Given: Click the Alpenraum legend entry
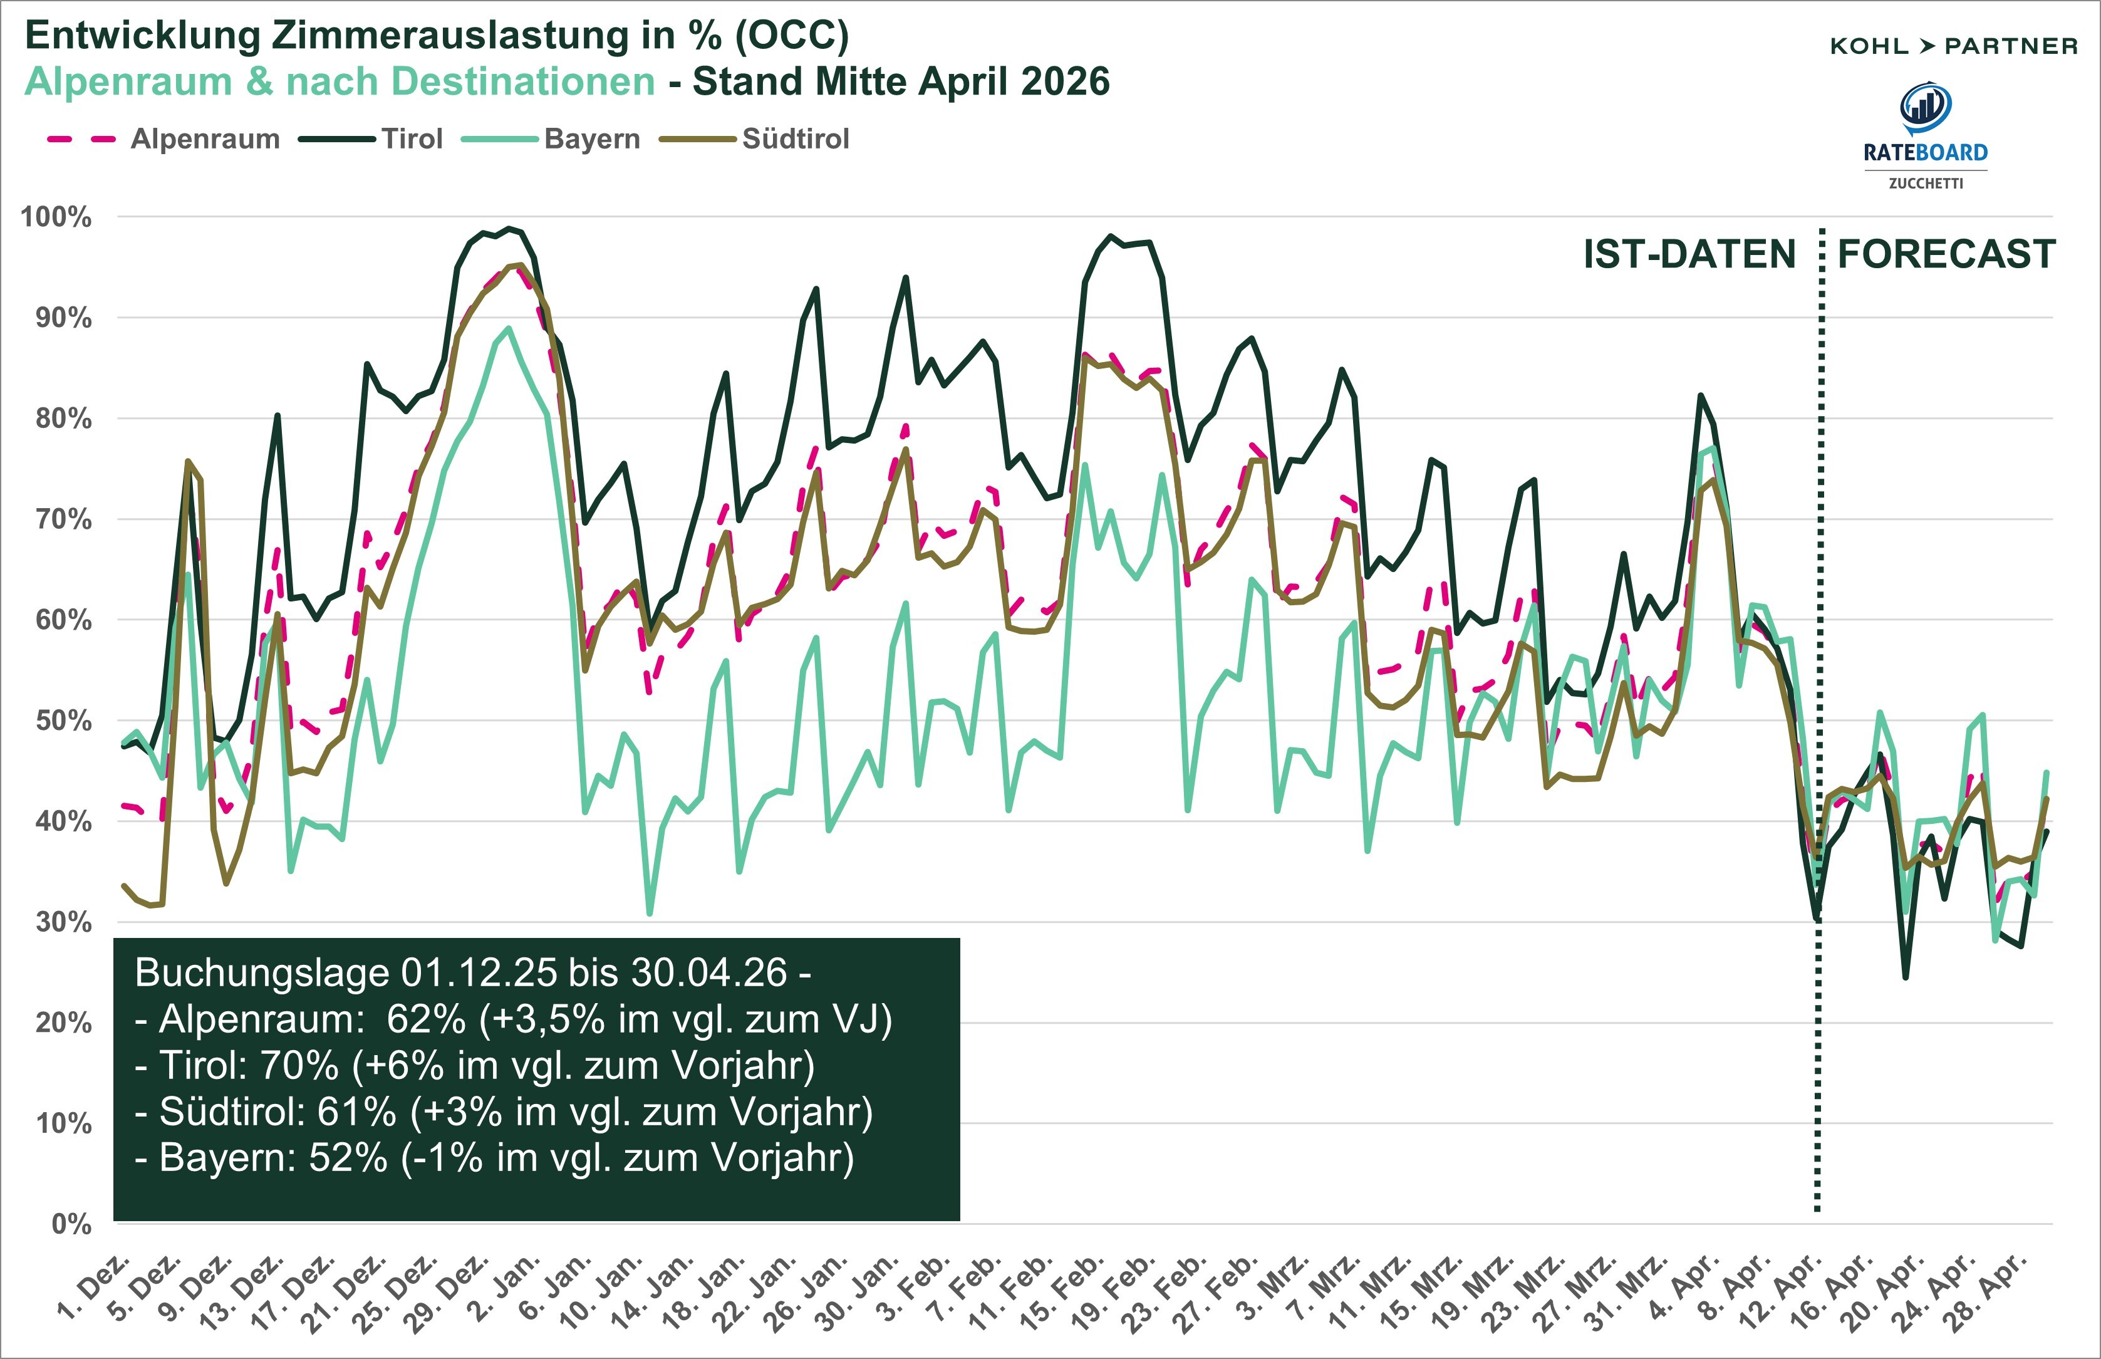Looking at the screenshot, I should [205, 138].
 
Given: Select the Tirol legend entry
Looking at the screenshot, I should [411, 138].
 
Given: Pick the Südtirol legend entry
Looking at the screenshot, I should [795, 138].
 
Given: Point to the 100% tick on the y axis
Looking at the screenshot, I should [56, 217].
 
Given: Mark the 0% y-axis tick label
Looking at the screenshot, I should [71, 1224].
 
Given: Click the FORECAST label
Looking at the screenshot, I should [1946, 254].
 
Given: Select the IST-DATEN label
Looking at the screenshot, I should [1689, 254].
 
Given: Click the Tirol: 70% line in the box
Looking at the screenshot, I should [475, 1065].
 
